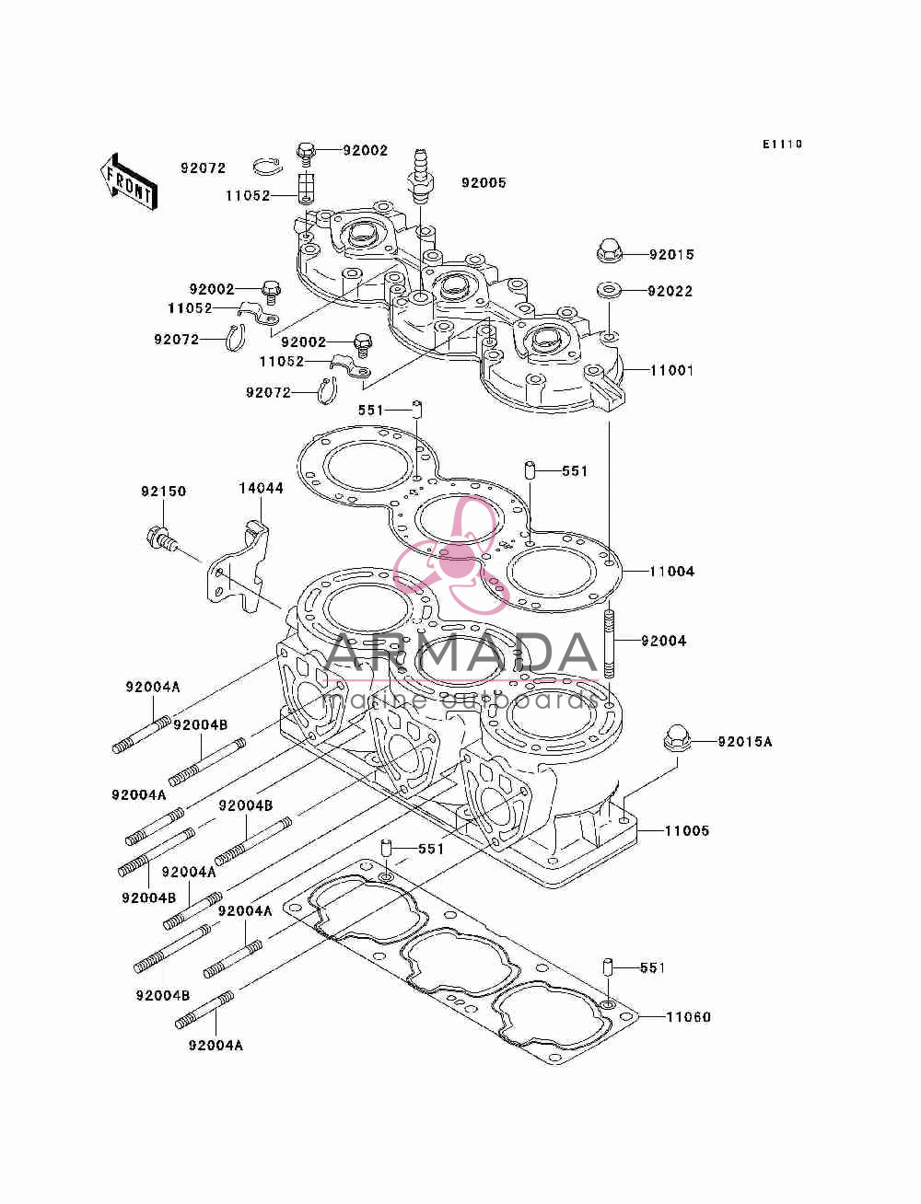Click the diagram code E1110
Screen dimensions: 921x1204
point(782,145)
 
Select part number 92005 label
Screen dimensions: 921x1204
point(484,182)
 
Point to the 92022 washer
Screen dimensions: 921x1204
point(609,289)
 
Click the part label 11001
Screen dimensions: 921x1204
point(671,370)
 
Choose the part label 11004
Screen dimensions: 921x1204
point(671,571)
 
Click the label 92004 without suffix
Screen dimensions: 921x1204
point(664,641)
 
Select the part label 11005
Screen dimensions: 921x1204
point(687,830)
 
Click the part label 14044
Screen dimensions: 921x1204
point(262,488)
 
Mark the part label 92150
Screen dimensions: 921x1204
point(164,491)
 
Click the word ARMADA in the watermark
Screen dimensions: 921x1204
point(462,654)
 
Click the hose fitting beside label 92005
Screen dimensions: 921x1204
point(421,175)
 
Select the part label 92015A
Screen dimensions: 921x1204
point(745,742)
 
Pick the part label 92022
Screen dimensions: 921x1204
point(670,291)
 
